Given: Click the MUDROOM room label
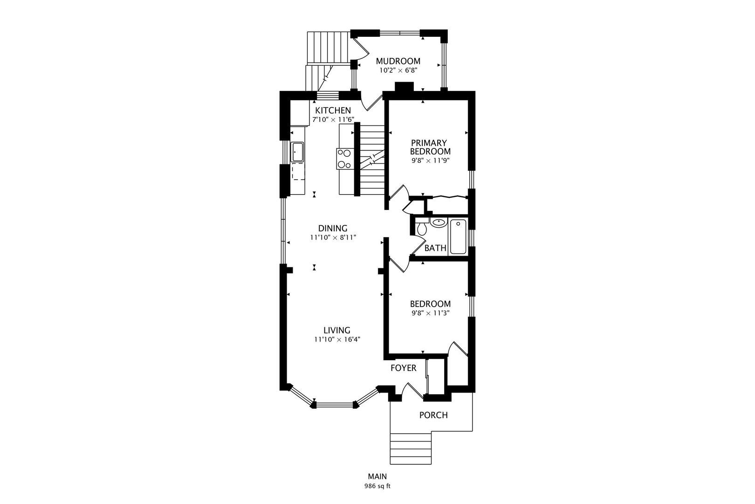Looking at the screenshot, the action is (398, 61).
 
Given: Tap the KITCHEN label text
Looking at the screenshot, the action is (333, 111).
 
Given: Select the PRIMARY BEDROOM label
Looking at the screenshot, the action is (431, 147).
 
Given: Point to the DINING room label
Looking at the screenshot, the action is (333, 228).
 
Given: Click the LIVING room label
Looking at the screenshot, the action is (336, 330).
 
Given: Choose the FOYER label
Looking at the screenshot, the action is (404, 368).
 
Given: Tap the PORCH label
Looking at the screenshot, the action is (433, 415).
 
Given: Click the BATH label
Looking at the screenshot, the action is (435, 248).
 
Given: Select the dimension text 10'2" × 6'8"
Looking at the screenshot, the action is (398, 70).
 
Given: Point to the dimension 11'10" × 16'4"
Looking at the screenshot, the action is (337, 339).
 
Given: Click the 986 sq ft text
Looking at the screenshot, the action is (377, 486).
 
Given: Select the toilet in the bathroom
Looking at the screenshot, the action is (421, 227).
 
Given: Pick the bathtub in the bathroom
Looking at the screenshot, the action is (458, 236).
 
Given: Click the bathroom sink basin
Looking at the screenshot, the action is (439, 223).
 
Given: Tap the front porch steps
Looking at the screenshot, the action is (411, 448).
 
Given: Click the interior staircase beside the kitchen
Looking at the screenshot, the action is (372, 160).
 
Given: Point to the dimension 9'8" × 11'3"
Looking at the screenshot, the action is (431, 313).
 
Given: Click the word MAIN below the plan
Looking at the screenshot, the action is (377, 476).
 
